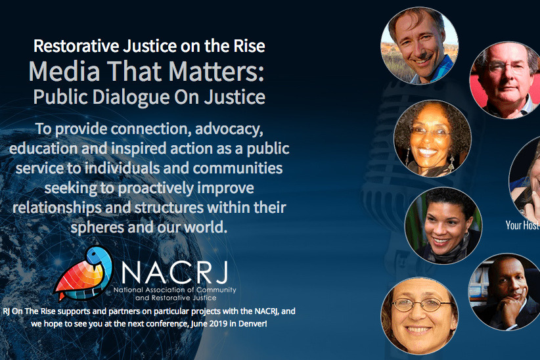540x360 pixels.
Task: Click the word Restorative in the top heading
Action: click(x=71, y=46)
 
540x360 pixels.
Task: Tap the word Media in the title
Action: click(x=58, y=71)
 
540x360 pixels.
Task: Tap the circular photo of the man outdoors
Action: click(x=420, y=45)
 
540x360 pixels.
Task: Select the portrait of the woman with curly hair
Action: click(x=432, y=139)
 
